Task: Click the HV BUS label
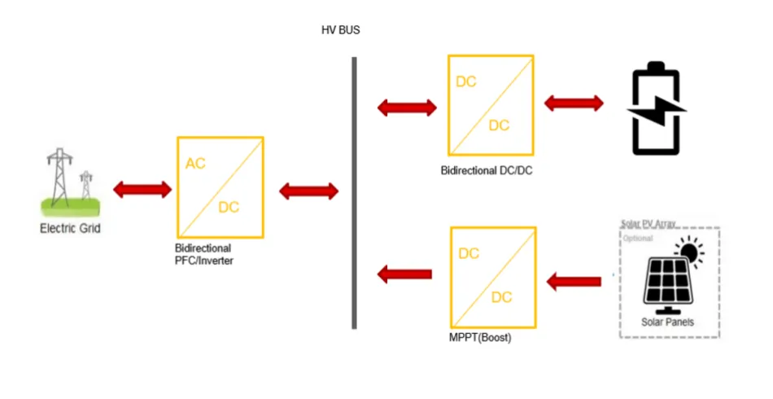[x=340, y=30]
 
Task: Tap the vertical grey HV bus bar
[x=354, y=193]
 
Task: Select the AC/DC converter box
[x=220, y=187]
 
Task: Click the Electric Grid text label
[x=70, y=229]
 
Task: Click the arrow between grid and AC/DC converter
[x=142, y=190]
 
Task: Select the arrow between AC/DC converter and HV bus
[x=308, y=191]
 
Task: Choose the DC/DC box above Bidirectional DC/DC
[x=491, y=105]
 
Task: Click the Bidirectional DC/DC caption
[x=487, y=171]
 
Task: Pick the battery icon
[x=656, y=112]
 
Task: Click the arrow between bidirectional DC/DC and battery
[x=574, y=103]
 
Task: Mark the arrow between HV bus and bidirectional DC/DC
[x=407, y=107]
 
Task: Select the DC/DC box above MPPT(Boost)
[x=493, y=277]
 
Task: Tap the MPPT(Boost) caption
[x=481, y=337]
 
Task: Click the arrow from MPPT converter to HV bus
[x=405, y=275]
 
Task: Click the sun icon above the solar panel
[x=691, y=252]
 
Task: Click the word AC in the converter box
[x=195, y=164]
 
